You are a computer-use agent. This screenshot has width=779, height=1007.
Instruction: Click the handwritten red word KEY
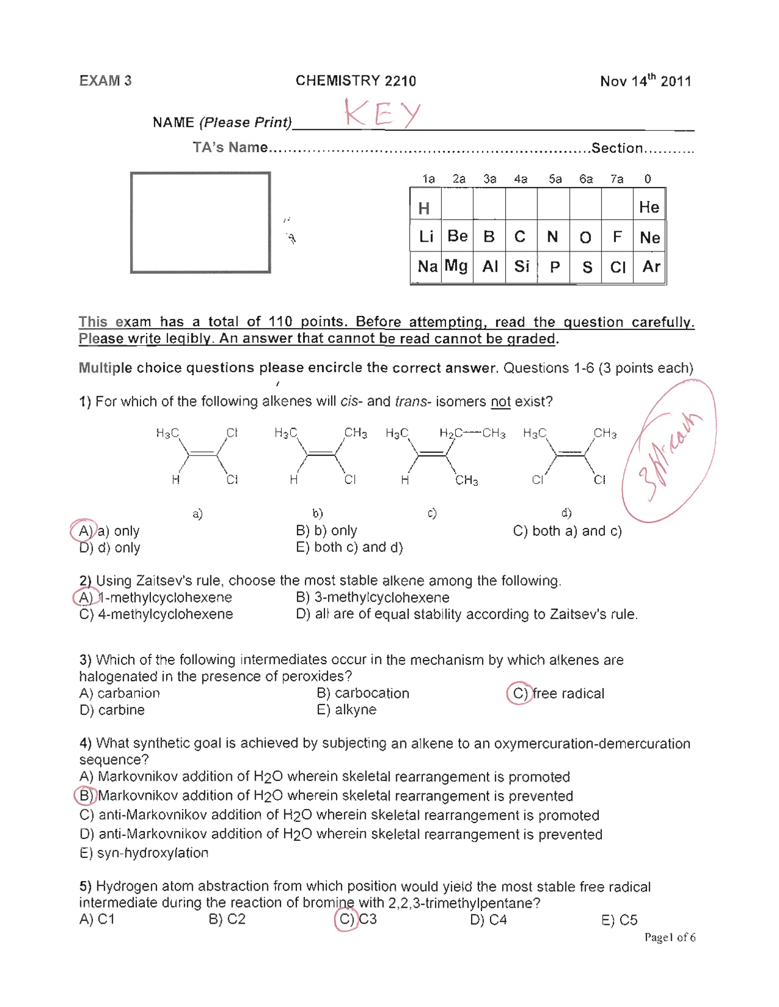(382, 113)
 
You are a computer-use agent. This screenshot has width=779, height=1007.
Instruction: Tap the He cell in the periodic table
(649, 208)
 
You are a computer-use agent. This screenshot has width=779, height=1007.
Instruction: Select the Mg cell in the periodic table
(456, 266)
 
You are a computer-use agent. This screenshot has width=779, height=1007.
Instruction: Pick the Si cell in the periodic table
(522, 266)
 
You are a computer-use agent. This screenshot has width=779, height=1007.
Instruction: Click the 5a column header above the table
(555, 179)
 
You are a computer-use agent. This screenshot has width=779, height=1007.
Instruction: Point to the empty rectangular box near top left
(200, 222)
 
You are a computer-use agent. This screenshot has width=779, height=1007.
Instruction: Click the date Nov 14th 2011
(645, 81)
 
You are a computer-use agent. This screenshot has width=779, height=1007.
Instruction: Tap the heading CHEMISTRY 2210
(355, 81)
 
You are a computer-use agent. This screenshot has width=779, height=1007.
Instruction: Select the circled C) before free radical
(519, 693)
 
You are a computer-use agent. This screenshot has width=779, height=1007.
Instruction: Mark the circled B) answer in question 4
(86, 796)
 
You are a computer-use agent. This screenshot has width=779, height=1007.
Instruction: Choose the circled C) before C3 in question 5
(346, 919)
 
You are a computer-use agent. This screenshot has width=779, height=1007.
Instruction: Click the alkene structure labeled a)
(197, 457)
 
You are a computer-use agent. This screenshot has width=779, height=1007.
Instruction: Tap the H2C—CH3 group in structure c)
(472, 433)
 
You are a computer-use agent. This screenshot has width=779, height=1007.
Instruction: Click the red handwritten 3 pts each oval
(669, 451)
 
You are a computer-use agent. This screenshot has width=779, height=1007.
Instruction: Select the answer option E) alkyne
(346, 710)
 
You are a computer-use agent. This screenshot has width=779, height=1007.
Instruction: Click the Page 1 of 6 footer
(669, 938)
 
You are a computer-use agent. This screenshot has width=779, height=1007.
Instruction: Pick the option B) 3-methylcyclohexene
(372, 598)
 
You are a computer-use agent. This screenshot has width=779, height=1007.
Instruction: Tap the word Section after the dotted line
(617, 148)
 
